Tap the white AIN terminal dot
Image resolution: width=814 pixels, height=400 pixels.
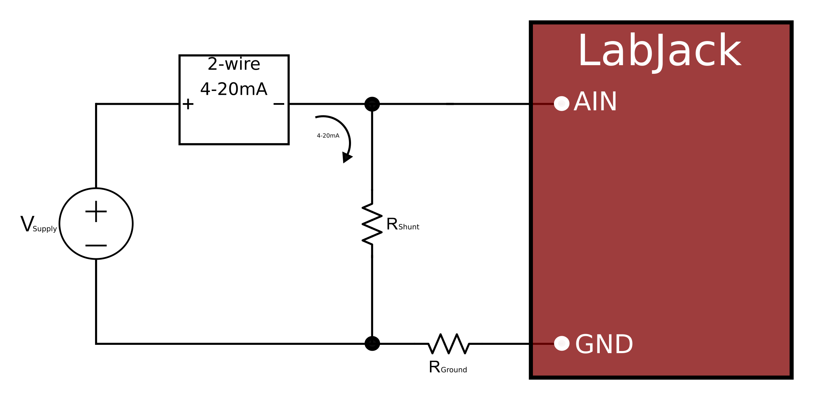coord(561,103)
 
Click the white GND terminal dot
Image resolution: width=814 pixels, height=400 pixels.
coord(561,343)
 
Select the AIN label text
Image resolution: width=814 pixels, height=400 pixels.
coord(595,102)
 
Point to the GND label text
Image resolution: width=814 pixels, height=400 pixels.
coord(604,344)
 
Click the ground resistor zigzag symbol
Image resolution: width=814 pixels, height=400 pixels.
coord(449,343)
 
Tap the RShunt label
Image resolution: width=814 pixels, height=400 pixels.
coord(402,224)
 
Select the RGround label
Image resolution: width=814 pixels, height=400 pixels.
coord(448,367)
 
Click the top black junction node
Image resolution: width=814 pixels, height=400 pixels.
coord(372,104)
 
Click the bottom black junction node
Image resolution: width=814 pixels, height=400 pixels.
coord(372,343)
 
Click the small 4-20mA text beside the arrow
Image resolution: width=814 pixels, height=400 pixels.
coord(328,136)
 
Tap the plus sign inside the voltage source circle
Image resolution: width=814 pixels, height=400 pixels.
coord(96,211)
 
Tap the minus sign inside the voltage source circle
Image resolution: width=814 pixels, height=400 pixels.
coord(96,246)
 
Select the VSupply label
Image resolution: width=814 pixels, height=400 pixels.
coord(38,224)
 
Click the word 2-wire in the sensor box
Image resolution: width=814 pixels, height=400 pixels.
coord(234,64)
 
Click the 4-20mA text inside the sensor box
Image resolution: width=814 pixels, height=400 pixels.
coord(234,89)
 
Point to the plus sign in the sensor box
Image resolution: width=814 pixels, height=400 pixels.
coord(188,104)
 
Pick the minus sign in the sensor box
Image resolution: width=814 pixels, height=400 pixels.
coord(279,104)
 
